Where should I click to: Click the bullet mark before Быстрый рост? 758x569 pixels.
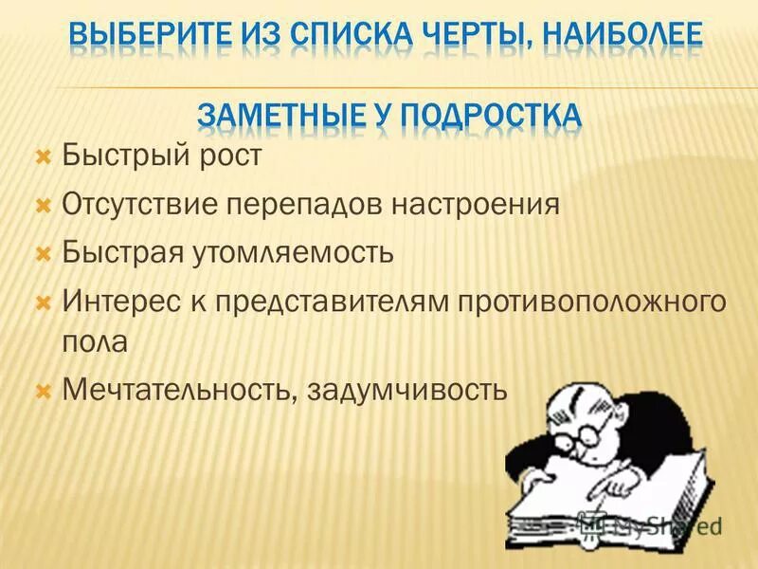[42, 155]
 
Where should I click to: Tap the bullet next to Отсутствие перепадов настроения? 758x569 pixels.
[42, 204]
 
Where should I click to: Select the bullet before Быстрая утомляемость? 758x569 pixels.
[42, 253]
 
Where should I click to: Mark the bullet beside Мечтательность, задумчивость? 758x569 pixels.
[42, 390]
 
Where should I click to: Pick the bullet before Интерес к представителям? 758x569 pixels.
[42, 303]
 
